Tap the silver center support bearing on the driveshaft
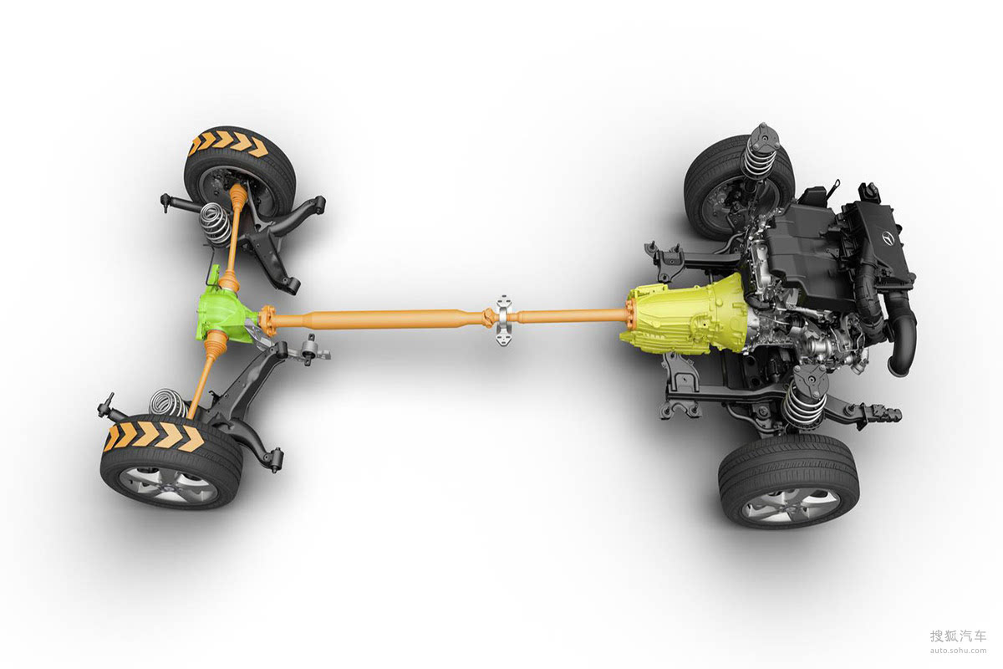[504, 320]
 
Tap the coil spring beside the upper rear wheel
[216, 224]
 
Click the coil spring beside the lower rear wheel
[169, 403]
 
